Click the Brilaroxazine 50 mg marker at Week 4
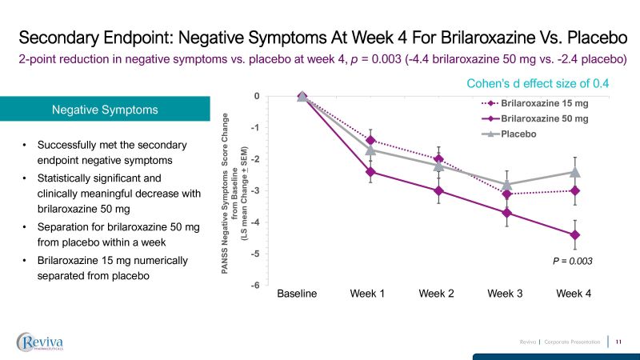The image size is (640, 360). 574,234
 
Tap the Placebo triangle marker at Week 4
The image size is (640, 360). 574,171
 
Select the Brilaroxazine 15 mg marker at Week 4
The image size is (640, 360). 574,190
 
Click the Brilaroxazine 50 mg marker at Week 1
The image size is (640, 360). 370,171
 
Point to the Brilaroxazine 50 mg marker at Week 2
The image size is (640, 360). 438,190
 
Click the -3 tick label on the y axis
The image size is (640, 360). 255,191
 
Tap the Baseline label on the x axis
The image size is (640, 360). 297,294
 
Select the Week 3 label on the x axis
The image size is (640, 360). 506,294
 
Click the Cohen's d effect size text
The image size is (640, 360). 543,82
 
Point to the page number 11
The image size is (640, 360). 618,342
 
